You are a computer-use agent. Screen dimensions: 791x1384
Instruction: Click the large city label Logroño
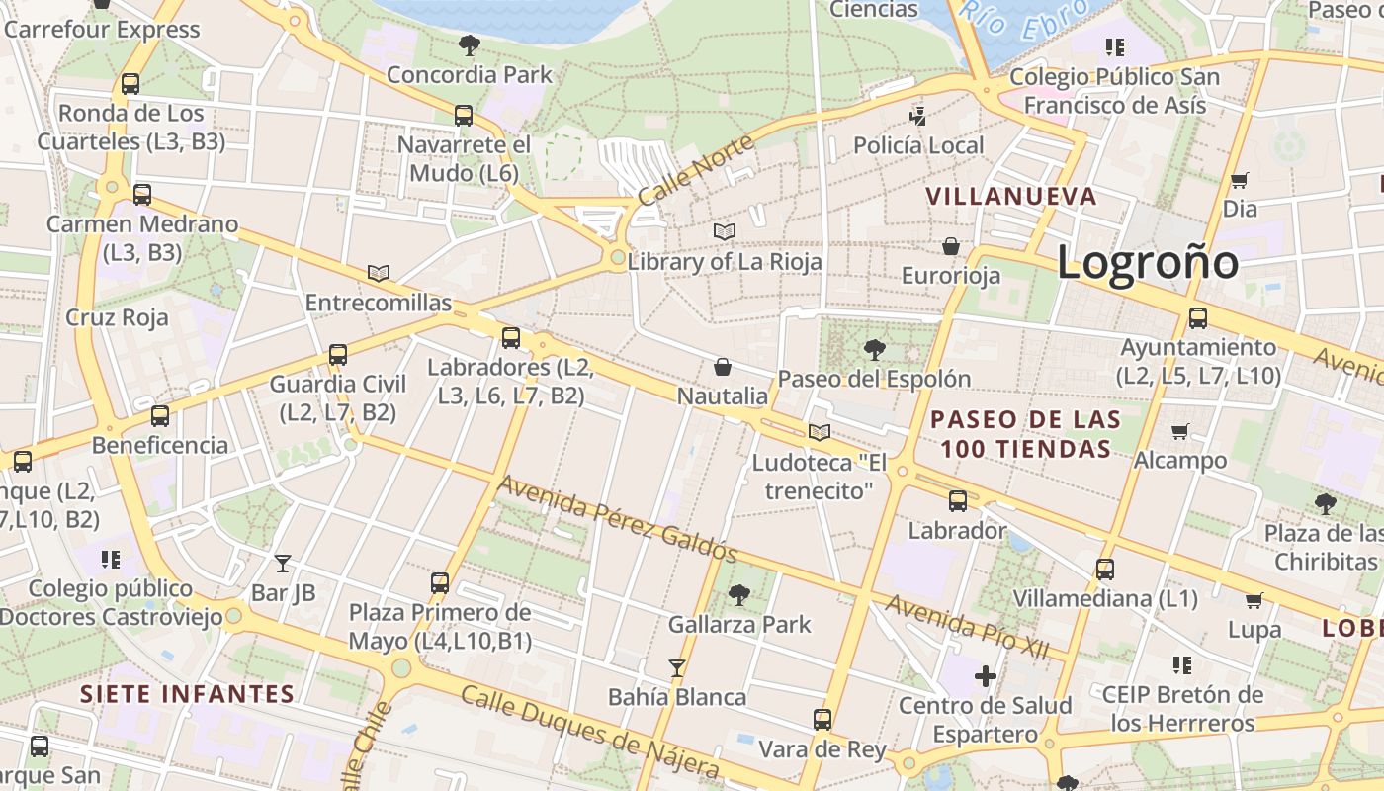(x=1147, y=262)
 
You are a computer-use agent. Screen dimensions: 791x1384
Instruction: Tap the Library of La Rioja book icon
(x=725, y=231)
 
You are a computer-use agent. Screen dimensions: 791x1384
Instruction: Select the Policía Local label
(x=918, y=145)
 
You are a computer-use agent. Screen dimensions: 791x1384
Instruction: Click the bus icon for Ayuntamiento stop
(x=1198, y=318)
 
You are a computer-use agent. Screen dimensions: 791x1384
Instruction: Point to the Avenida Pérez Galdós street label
(x=618, y=518)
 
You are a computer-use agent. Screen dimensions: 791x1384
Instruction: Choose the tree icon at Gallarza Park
(x=738, y=595)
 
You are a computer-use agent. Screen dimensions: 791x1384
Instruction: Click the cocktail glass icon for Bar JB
(x=284, y=564)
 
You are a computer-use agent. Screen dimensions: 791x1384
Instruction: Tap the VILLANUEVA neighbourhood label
(x=1011, y=196)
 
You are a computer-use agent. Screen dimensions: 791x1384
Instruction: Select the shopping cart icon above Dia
(x=1240, y=180)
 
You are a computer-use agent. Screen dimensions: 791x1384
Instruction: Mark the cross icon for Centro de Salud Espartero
(x=985, y=676)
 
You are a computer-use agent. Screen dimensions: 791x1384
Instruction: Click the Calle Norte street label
(x=695, y=170)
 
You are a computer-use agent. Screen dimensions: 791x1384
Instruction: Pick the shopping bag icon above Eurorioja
(x=951, y=246)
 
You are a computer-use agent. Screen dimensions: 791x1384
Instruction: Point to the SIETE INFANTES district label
(x=188, y=693)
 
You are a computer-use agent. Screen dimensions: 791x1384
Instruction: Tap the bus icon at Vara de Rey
(x=822, y=720)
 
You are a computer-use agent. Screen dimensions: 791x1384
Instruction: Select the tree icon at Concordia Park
(x=470, y=44)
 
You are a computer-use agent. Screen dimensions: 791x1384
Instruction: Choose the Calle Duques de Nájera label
(x=589, y=731)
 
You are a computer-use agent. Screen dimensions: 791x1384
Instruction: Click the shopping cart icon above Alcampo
(x=1179, y=431)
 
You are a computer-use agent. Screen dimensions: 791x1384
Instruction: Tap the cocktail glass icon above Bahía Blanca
(x=677, y=668)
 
